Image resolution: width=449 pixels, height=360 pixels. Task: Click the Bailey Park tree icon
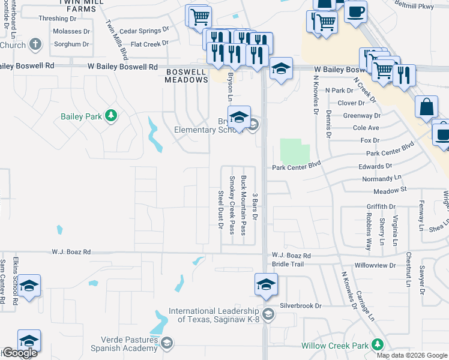110,115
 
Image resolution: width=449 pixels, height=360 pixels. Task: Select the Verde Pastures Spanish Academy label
124,343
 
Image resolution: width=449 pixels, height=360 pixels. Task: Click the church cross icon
35,44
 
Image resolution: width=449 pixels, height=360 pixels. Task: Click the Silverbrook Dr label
301,305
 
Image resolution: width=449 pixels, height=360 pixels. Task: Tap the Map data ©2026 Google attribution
412,355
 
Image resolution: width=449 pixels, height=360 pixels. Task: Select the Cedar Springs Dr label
144,31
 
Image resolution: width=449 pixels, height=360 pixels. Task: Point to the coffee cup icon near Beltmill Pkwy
355,11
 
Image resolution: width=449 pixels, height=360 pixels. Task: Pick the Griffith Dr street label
381,206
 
